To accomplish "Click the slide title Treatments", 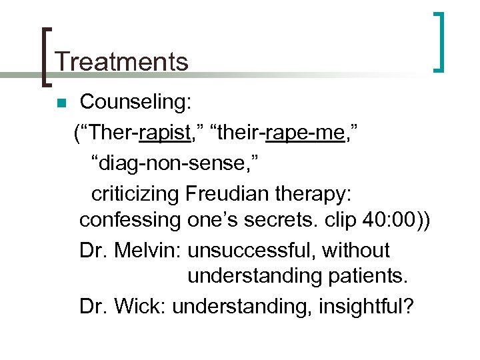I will [122, 62].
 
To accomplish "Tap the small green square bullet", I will [61, 103].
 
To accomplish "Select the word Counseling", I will [135, 102].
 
